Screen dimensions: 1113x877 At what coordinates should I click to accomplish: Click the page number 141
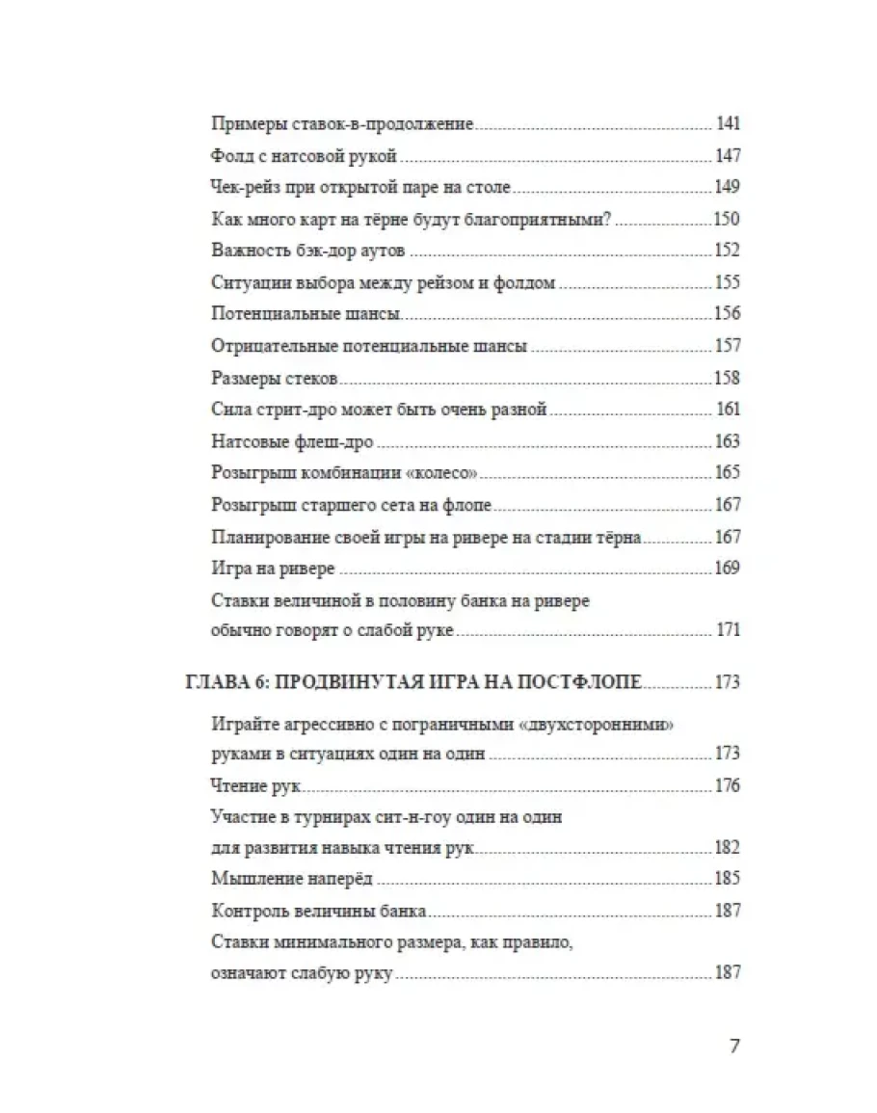[728, 124]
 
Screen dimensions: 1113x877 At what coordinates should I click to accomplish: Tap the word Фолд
[227, 156]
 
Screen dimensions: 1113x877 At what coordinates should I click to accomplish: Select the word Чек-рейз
[241, 188]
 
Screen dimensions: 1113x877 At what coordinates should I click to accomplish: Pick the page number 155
[726, 283]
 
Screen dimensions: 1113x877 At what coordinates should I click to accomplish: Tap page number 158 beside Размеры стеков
[726, 379]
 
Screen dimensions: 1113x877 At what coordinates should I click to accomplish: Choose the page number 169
[726, 569]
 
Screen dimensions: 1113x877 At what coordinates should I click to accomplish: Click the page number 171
[728, 631]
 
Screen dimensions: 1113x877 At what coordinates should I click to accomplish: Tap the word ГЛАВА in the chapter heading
[216, 683]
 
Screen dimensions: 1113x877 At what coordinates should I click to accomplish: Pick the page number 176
[726, 786]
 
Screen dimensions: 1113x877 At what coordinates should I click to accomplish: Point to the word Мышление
[247, 880]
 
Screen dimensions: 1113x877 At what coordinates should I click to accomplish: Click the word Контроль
[244, 912]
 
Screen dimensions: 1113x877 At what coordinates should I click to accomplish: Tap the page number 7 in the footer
[734, 1047]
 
